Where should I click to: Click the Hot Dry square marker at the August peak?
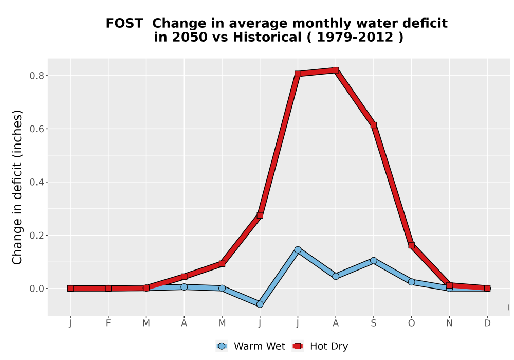point(335,70)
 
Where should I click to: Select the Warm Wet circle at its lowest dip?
point(260,304)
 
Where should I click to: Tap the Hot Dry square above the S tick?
point(373,125)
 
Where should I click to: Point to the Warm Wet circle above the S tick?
point(373,261)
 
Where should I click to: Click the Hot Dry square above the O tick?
point(411,245)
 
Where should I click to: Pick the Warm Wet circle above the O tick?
point(411,282)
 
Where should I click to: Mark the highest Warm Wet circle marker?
point(298,250)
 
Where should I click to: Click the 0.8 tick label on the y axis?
point(36,76)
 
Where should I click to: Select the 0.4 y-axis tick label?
point(36,182)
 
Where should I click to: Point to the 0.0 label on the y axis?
point(36,289)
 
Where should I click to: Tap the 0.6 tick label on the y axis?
point(36,129)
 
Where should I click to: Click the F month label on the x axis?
point(108,323)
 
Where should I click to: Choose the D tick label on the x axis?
point(487,323)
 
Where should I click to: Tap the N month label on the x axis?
point(449,323)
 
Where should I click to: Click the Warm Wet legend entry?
point(250,346)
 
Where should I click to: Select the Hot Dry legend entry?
point(320,346)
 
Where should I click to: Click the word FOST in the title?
point(124,24)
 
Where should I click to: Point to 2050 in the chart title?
point(190,38)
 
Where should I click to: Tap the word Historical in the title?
point(267,38)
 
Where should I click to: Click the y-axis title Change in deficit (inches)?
point(17,187)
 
